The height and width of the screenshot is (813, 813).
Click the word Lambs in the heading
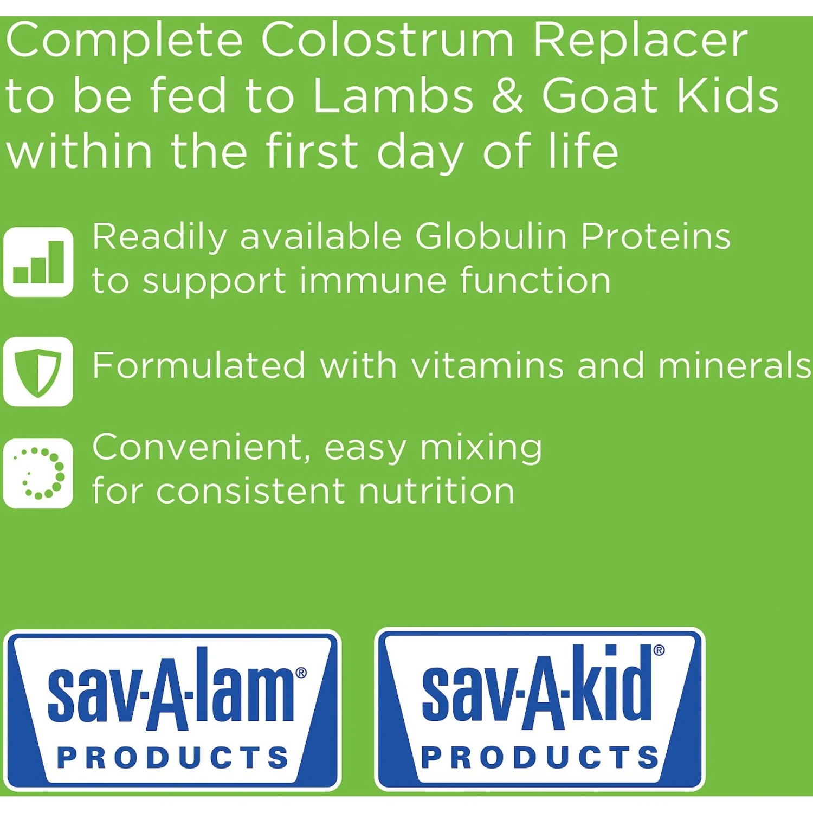pos(393,96)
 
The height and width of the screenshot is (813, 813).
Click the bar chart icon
pos(38,262)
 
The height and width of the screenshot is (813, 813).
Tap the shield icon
pos(38,372)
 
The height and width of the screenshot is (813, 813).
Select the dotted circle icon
pos(38,473)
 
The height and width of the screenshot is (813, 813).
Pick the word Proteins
pos(655,237)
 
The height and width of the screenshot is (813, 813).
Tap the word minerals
pos(734,365)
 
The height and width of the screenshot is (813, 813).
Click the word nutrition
pos(436,491)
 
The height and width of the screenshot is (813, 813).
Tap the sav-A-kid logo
pos(540,709)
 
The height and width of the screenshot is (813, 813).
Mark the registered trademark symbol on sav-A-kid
pos(659,650)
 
